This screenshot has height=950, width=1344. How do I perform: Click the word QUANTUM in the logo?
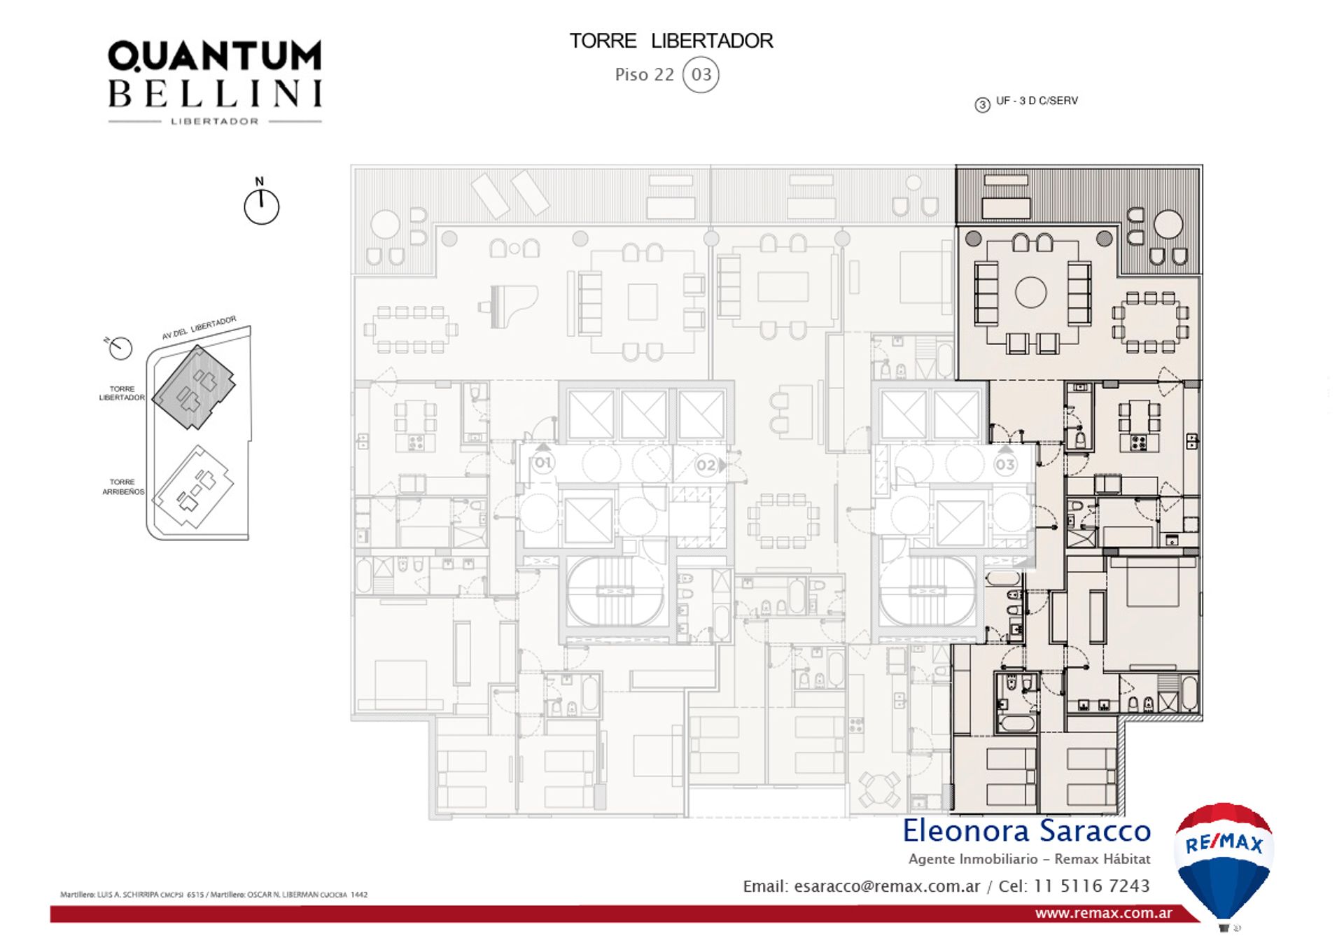(x=214, y=56)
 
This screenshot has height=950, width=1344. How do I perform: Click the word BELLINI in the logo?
(x=214, y=94)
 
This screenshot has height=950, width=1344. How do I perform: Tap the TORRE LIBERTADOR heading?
(x=671, y=41)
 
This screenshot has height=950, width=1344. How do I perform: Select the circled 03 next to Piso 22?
(x=701, y=75)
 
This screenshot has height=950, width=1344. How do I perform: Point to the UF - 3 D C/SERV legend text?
(x=1036, y=101)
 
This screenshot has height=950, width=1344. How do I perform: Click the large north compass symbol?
(x=261, y=207)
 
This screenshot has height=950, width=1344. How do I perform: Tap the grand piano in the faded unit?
(x=510, y=305)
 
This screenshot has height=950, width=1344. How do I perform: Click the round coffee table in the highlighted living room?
(x=1030, y=293)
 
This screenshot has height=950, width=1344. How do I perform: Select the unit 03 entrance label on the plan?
(x=1005, y=464)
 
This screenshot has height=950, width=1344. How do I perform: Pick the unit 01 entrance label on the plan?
(x=543, y=463)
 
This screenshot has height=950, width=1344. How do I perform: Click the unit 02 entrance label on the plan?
(x=706, y=465)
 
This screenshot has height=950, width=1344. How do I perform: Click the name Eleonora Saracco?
(x=1026, y=831)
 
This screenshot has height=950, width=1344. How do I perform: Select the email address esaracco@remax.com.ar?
(x=887, y=886)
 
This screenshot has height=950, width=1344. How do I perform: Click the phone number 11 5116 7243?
(x=1091, y=886)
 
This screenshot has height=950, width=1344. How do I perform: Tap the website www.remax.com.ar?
(x=1103, y=913)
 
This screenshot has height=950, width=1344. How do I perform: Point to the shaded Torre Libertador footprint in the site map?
(x=193, y=386)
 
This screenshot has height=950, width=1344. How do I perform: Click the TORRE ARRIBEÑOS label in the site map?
(x=122, y=487)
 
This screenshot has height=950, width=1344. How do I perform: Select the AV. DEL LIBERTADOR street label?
(x=199, y=327)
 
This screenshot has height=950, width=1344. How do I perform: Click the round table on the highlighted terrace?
(x=1168, y=225)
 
